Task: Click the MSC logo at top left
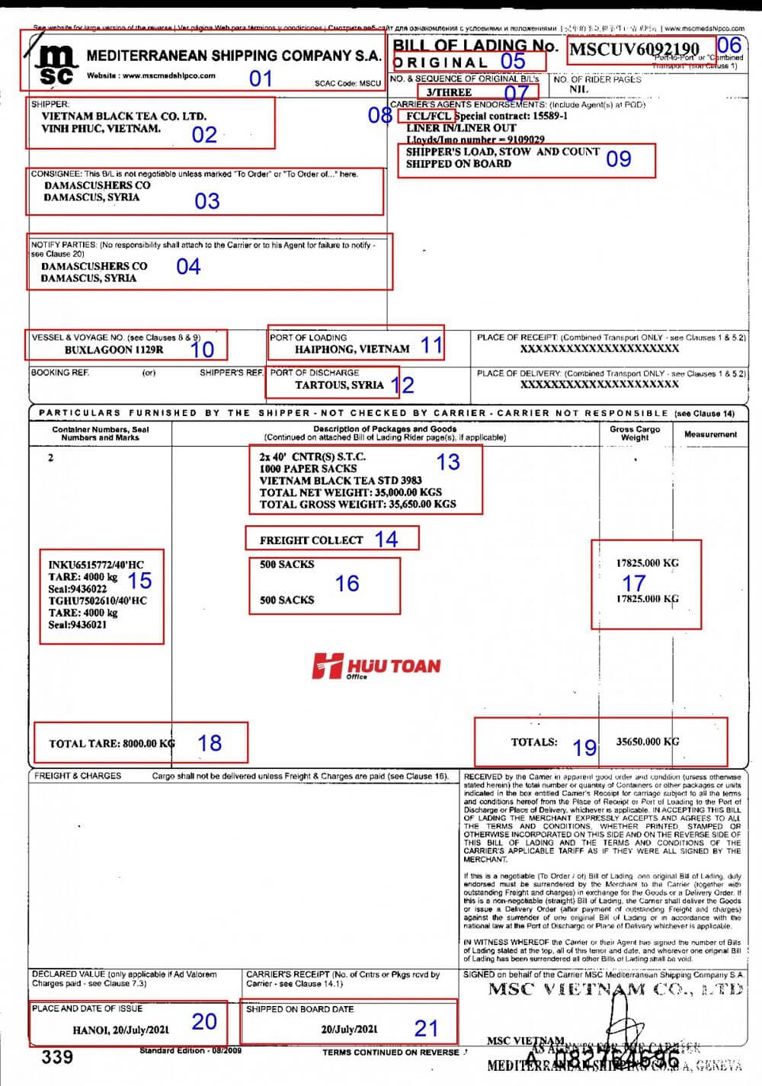point(56,63)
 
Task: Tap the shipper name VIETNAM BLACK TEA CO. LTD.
point(124,117)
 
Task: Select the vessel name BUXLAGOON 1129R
point(114,351)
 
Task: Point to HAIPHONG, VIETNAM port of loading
point(352,349)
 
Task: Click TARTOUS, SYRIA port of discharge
point(339,385)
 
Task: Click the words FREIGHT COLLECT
point(311,540)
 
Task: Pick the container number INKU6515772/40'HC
point(96,565)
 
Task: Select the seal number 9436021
point(77,625)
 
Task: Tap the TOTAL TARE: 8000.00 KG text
point(111,743)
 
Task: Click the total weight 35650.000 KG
point(647,742)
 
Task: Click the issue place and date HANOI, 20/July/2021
point(120,1030)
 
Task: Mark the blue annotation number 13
point(448,462)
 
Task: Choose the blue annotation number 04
point(188,267)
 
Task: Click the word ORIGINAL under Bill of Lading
point(441,62)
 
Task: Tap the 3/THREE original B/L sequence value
point(449,92)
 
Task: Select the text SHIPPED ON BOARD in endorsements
point(458,164)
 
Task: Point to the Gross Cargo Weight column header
point(635,434)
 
